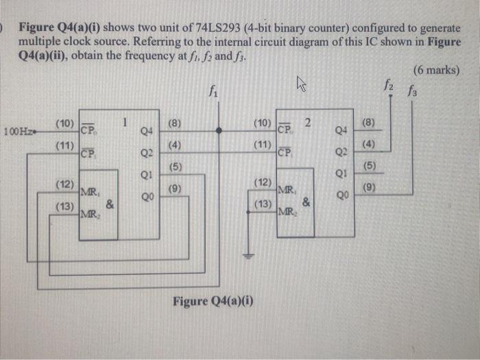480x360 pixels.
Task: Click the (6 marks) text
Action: click(437, 70)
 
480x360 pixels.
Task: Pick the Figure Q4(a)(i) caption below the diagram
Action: click(213, 301)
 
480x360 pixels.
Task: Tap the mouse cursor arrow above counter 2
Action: click(300, 83)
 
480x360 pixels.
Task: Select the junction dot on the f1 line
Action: click(219, 130)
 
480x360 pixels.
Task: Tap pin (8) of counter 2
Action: click(371, 123)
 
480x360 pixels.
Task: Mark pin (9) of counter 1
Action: click(174, 187)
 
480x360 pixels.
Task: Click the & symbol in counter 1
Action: click(110, 204)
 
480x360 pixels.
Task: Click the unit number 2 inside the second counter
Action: click(309, 122)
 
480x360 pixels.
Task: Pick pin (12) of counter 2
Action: click(263, 182)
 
